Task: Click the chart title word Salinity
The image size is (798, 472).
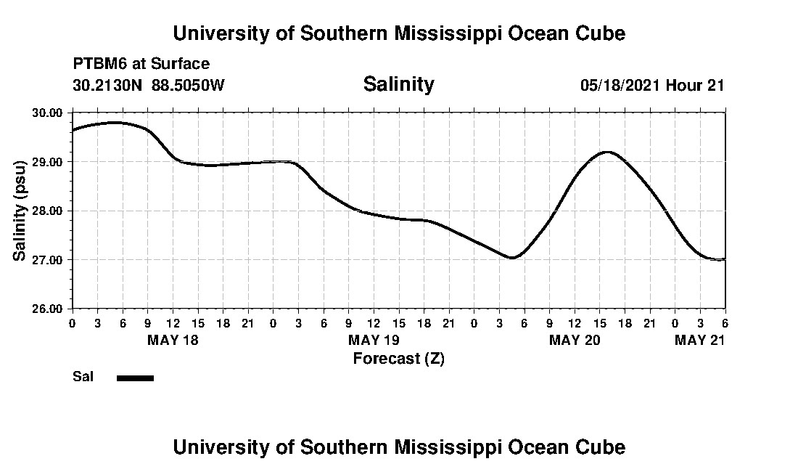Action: pyautogui.click(x=398, y=84)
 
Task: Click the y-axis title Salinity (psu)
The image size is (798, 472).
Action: pyautogui.click(x=20, y=211)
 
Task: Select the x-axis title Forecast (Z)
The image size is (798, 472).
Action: pyautogui.click(x=398, y=358)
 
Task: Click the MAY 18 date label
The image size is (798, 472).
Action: pyautogui.click(x=173, y=340)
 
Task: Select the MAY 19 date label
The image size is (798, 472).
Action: pyautogui.click(x=374, y=340)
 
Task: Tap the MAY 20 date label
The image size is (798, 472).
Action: pyautogui.click(x=575, y=340)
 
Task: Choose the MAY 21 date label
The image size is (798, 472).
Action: pyautogui.click(x=700, y=340)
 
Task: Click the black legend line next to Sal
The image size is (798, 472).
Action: pyautogui.click(x=135, y=378)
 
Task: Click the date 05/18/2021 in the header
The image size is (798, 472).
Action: pyautogui.click(x=620, y=85)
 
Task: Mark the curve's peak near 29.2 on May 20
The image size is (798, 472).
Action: pyautogui.click(x=606, y=152)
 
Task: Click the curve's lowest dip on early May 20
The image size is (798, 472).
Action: pyautogui.click(x=511, y=258)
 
